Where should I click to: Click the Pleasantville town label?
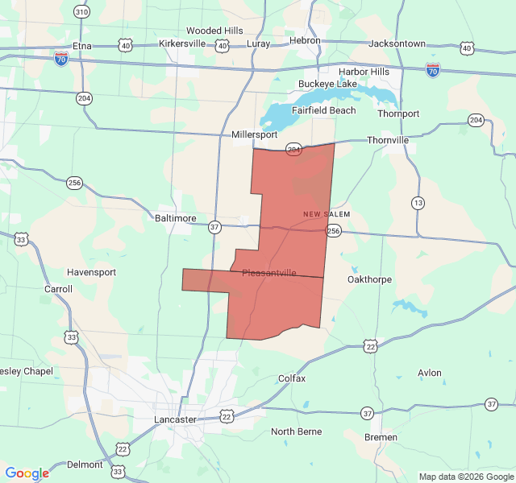tap(269, 273)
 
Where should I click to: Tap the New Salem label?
tap(327, 213)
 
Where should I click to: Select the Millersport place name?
tap(254, 135)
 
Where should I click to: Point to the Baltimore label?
tap(175, 218)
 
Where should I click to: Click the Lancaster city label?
tap(175, 419)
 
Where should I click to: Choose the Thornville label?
tap(388, 140)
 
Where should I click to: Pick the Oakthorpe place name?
tap(369, 279)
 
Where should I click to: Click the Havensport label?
tap(91, 272)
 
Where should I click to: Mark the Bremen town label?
tap(381, 437)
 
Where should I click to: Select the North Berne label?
tap(296, 431)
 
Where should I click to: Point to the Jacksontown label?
tap(397, 43)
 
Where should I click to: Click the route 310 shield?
tap(81, 11)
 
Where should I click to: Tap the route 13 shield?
tap(417, 202)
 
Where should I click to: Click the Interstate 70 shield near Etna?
tap(61, 59)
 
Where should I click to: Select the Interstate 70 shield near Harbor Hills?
tap(433, 70)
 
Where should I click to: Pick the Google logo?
tap(27, 473)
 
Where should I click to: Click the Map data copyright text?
tap(466, 477)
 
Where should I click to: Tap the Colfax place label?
tap(291, 378)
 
